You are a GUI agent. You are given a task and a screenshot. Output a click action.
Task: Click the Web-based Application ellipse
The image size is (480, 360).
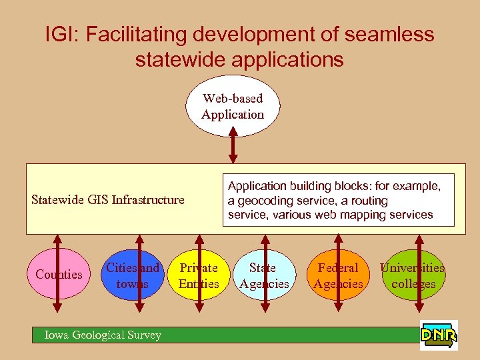233,107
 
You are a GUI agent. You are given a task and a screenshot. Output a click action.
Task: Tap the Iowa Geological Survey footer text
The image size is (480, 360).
103,335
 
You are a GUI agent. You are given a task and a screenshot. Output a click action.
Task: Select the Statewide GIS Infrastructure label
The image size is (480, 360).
108,199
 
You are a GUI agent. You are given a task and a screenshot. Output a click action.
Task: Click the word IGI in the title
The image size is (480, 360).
61,35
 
